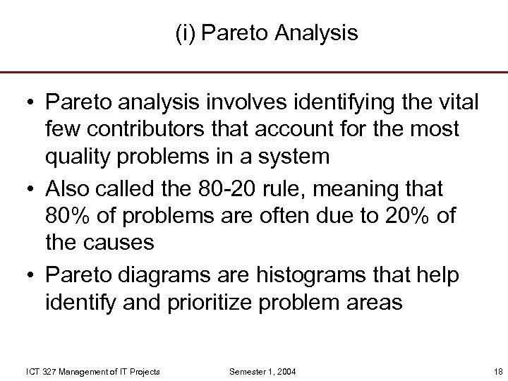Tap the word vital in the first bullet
(x=459, y=103)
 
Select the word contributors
(x=145, y=129)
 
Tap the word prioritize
(x=212, y=302)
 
